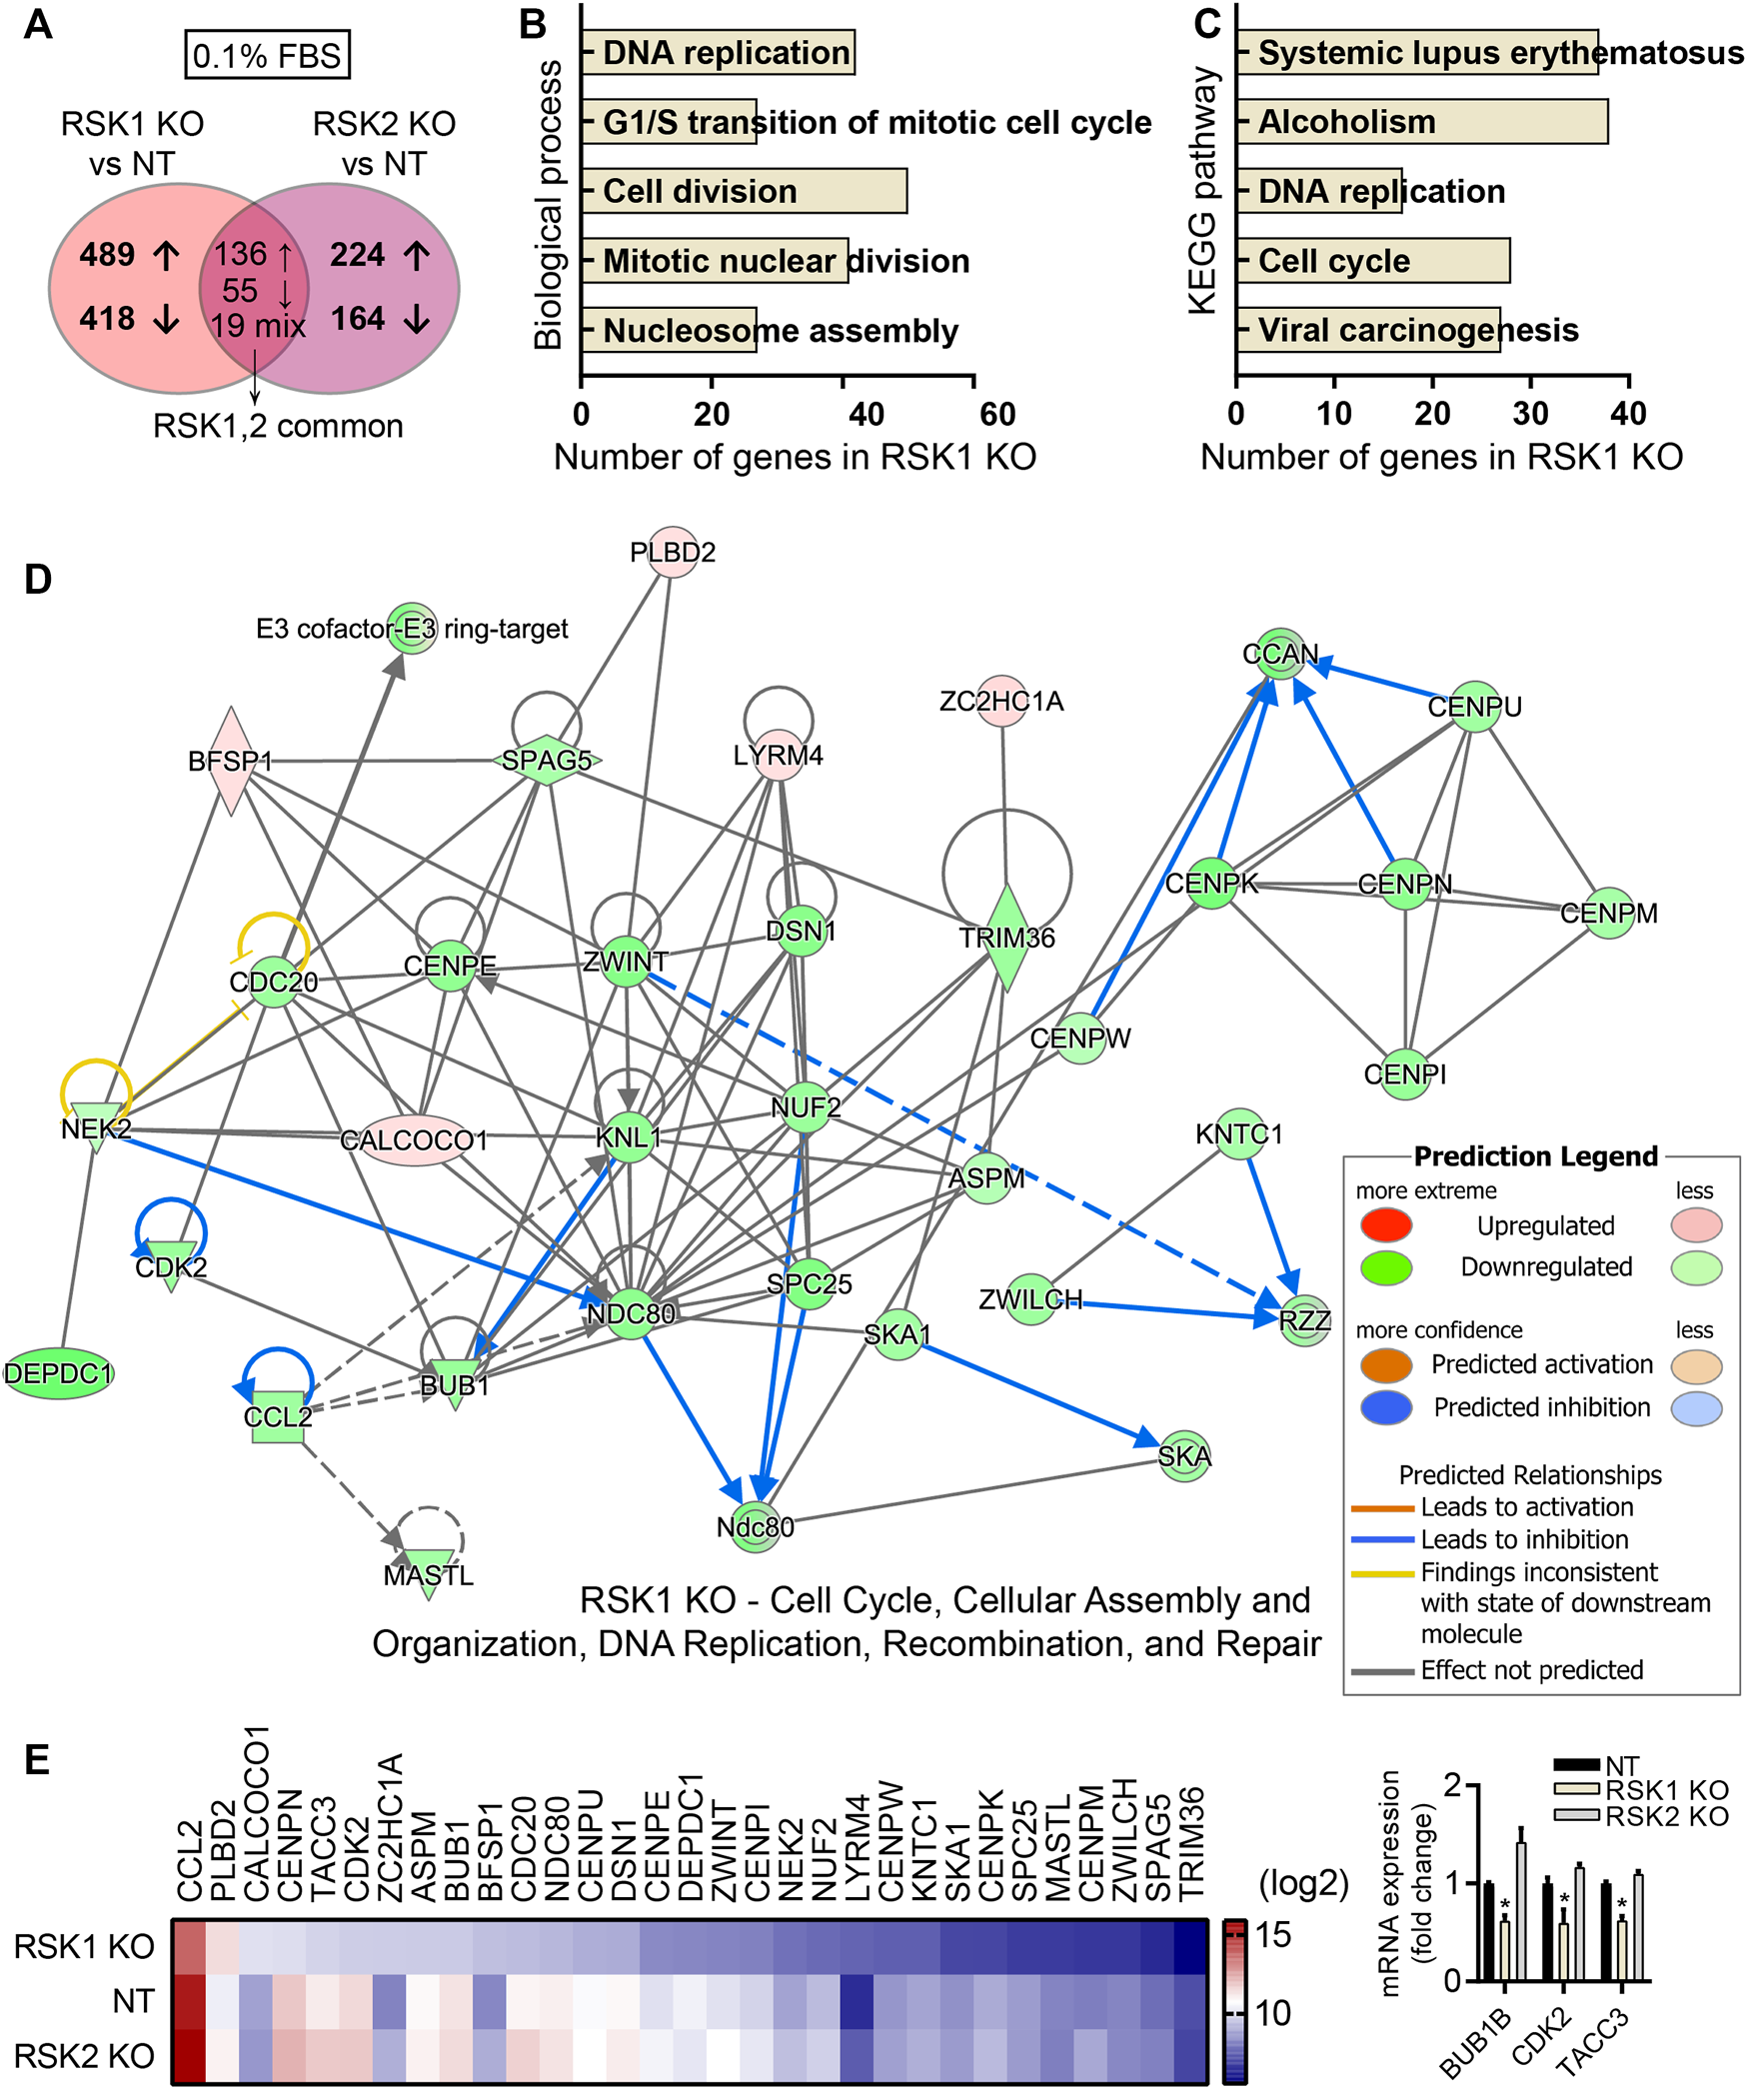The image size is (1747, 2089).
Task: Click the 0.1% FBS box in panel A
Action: coord(267,55)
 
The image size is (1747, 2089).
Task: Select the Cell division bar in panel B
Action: coord(744,191)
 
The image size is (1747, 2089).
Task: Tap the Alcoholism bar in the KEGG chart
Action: coord(1421,122)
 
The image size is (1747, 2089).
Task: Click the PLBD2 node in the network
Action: coord(672,552)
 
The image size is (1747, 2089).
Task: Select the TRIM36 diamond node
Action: coord(1006,938)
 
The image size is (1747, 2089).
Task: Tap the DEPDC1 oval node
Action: coord(58,1373)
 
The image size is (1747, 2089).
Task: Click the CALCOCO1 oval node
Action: coord(414,1139)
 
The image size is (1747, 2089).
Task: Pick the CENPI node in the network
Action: coord(1405,1074)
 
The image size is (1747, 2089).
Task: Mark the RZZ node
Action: coord(1304,1320)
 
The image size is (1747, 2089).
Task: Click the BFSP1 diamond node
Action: coord(231,761)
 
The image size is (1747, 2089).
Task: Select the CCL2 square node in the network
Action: coord(278,1416)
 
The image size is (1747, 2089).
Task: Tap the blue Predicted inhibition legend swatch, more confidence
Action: coord(1386,1407)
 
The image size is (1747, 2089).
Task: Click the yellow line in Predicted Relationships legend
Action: coord(1382,1573)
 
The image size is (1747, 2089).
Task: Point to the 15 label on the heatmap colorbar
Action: coord(1273,1934)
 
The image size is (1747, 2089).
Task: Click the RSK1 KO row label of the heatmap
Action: coord(84,1946)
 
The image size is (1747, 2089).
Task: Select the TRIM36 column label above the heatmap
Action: coord(1191,1844)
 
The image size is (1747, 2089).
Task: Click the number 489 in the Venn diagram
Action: coord(107,255)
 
